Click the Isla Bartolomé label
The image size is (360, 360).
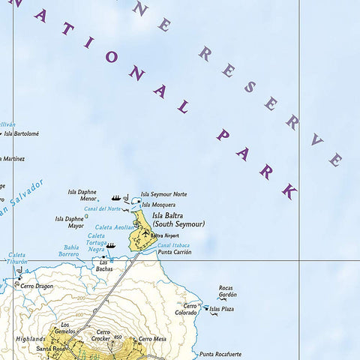click(21, 134)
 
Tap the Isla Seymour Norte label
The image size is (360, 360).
click(164, 194)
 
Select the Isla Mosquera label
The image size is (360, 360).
click(159, 205)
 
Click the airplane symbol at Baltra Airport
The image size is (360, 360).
click(145, 235)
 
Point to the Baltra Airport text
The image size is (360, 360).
click(165, 235)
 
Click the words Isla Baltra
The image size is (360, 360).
click(172, 215)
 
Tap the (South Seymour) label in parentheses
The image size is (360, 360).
click(178, 223)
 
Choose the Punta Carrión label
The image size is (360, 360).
click(174, 253)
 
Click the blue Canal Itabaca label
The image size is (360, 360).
click(173, 244)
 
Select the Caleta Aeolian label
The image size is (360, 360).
click(114, 227)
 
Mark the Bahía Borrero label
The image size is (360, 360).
click(70, 250)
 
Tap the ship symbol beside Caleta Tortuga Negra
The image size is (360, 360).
click(111, 245)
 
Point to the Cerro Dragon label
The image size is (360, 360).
click(37, 286)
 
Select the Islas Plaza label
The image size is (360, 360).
click(222, 308)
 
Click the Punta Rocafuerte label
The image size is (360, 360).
click(219, 354)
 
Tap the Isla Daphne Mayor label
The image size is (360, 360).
click(69, 222)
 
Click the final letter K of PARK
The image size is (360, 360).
click(289, 191)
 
